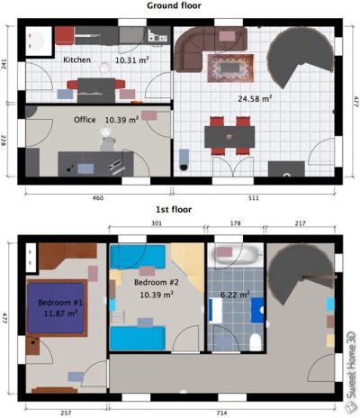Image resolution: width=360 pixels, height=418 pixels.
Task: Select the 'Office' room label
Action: (85, 119)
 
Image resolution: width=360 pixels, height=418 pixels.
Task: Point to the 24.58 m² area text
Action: (255, 98)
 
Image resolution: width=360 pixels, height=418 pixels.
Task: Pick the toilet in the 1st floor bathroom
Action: (256, 339)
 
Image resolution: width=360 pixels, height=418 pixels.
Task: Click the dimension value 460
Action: (97, 196)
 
